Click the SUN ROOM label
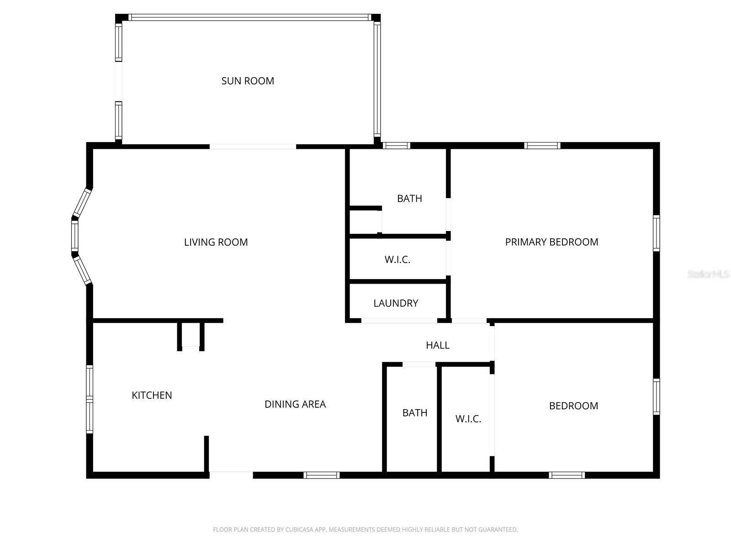pos(248,81)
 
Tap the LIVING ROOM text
pos(216,242)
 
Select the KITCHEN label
pos(152,395)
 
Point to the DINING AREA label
pos(295,404)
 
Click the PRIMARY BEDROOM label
pos(551,242)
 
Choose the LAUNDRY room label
pos(396,303)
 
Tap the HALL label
pos(438,345)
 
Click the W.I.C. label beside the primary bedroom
pos(397,260)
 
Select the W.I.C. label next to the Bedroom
pos(468,419)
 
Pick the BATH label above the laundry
pos(409,199)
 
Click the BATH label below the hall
pos(415,413)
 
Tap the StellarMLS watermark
pos(708,274)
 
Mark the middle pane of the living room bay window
pos(74,236)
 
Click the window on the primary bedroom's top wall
pos(542,146)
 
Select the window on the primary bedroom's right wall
pos(657,233)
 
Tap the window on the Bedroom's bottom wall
pos(567,475)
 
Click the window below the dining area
pos(322,475)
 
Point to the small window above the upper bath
pos(396,146)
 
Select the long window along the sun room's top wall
pos(249,17)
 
